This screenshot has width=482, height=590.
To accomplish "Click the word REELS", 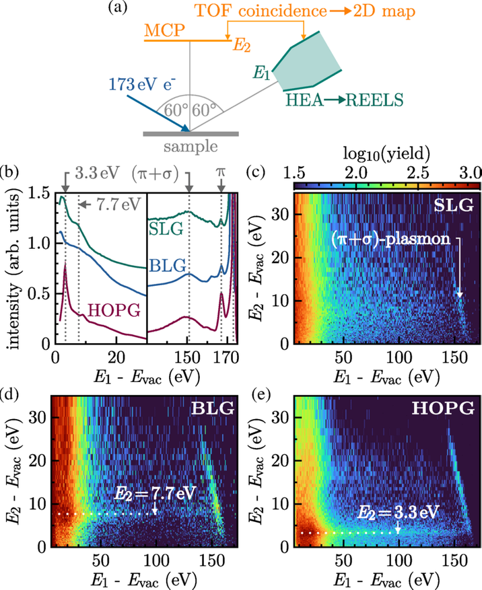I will pos(374,102).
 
